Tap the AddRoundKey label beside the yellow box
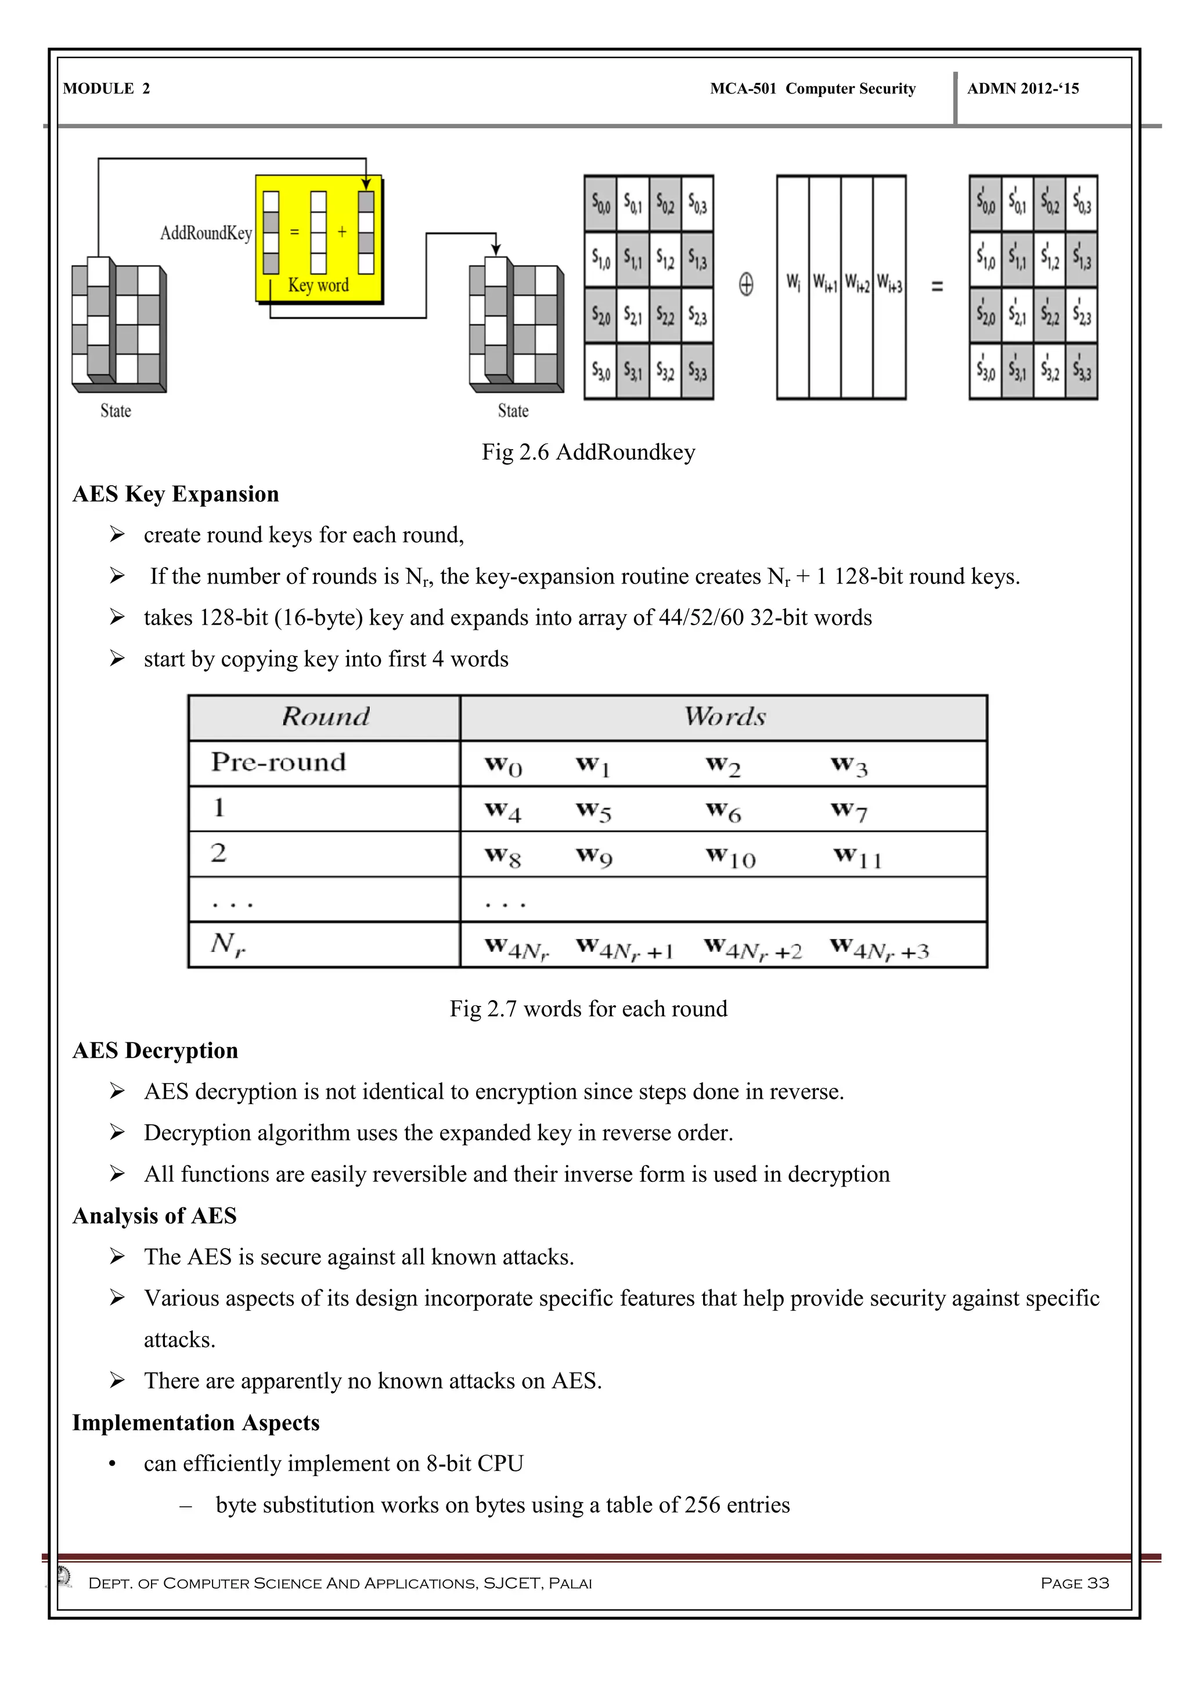206,233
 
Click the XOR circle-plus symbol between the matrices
745,284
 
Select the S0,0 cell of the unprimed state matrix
600,204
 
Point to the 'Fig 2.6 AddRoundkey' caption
588,452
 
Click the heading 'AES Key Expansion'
176,494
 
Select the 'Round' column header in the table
325,717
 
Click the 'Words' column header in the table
724,717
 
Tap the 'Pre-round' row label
278,762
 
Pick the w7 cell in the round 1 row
849,810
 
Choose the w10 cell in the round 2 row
730,857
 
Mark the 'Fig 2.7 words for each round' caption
588,1009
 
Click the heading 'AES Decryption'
155,1051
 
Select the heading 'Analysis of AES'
154,1216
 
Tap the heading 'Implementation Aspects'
196,1423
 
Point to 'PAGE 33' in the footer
1074,1583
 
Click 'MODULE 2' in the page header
106,89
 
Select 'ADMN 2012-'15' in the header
1023,89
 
